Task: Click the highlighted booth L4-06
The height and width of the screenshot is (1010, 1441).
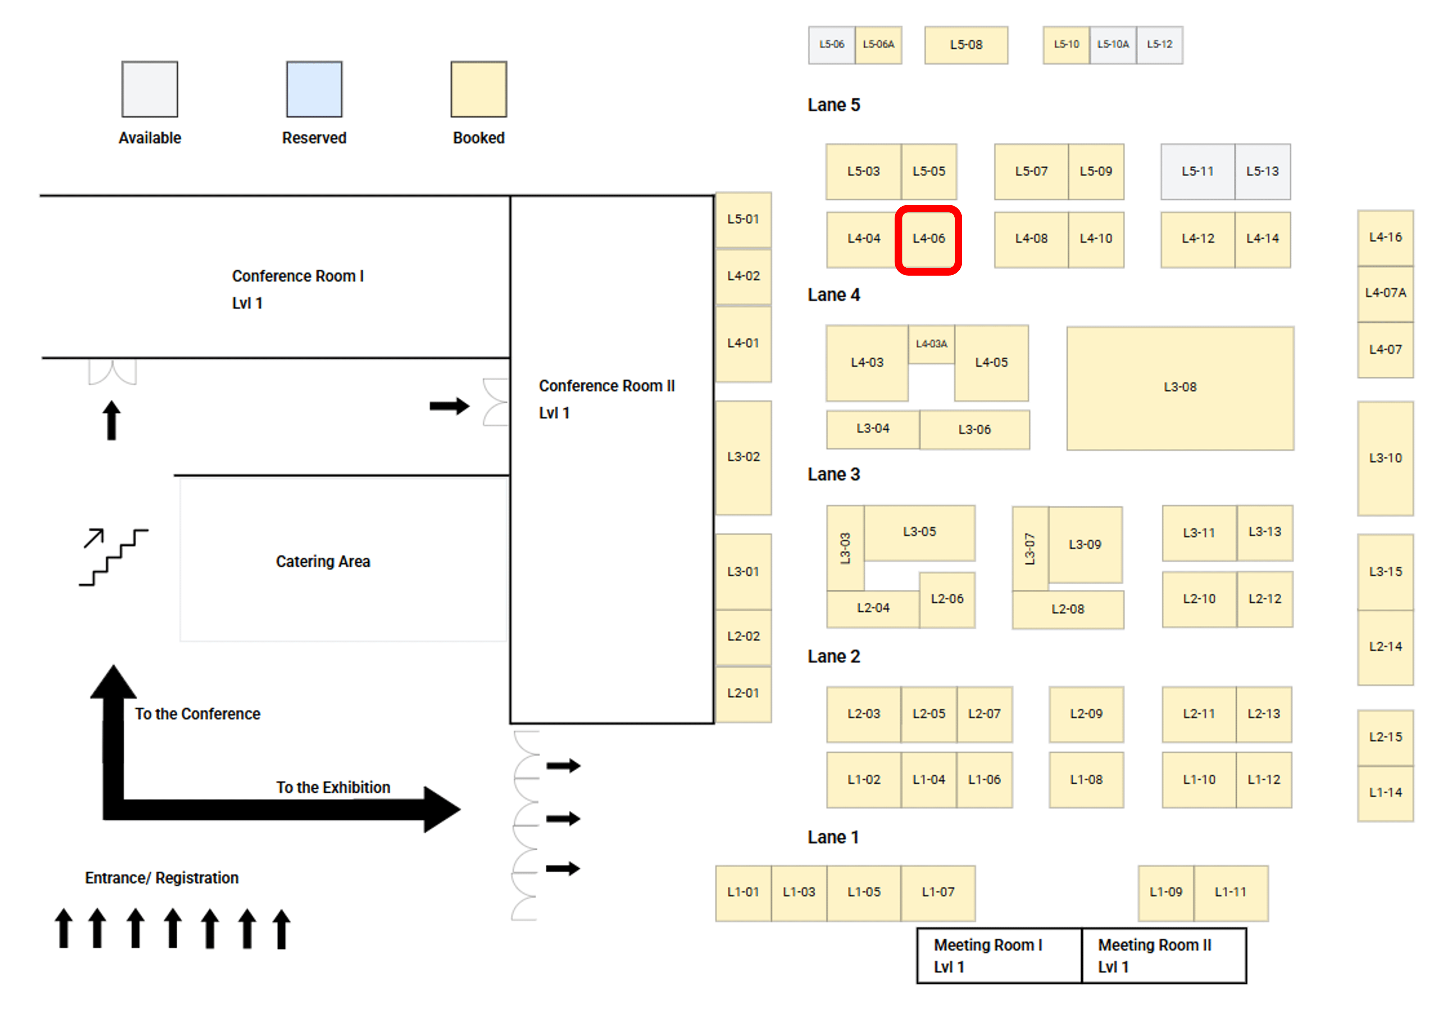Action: point(928,239)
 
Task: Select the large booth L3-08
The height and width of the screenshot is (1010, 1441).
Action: point(1180,387)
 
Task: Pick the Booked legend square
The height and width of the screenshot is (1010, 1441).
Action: point(478,89)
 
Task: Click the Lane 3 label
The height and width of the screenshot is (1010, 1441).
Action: point(833,475)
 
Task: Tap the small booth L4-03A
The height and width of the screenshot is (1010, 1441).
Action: point(931,344)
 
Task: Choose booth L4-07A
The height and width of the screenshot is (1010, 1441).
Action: point(1385,293)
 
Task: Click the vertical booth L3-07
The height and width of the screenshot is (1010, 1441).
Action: point(1029,549)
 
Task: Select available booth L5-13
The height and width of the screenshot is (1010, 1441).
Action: point(1262,171)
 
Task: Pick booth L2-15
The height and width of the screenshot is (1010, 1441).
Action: point(1385,737)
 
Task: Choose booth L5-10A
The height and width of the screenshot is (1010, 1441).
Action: point(1113,45)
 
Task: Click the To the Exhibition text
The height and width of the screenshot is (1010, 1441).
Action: point(333,788)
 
